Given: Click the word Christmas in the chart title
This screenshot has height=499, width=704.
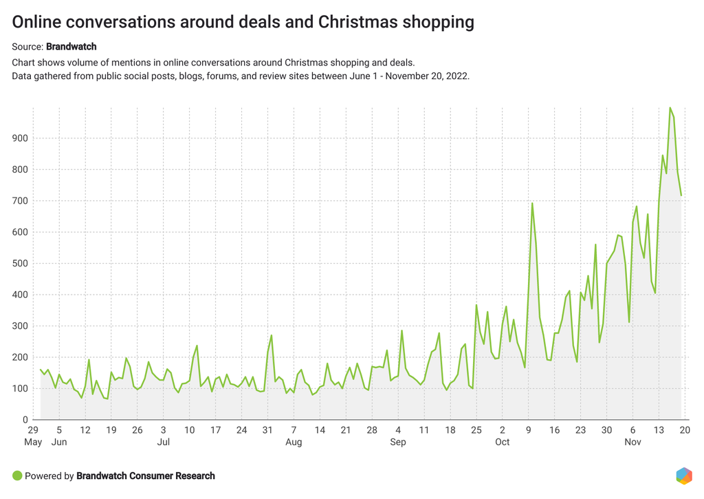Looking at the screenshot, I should (x=357, y=22).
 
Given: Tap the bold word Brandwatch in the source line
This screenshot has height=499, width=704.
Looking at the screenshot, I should (x=71, y=47).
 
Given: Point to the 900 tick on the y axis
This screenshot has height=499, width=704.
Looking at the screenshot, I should (x=19, y=138).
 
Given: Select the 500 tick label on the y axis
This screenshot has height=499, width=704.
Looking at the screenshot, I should (x=19, y=264).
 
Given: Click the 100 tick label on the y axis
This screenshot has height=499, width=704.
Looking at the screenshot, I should (x=19, y=389).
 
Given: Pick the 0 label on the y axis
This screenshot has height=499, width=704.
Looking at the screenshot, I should (x=25, y=420).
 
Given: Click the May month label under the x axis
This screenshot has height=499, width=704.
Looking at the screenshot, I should (x=33, y=442).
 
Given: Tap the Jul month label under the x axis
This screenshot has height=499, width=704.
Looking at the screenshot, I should (x=163, y=442).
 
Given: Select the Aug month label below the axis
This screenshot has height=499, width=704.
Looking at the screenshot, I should (x=294, y=442).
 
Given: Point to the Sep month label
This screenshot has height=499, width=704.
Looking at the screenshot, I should (x=398, y=442).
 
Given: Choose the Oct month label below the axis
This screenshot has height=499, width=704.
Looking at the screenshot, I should (x=503, y=442).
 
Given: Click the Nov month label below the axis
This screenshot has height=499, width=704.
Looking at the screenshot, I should (x=633, y=442).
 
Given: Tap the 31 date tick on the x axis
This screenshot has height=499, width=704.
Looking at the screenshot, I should (x=267, y=429).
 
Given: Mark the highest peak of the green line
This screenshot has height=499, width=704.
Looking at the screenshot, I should (x=670, y=107).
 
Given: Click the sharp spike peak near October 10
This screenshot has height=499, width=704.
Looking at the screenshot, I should (x=532, y=203).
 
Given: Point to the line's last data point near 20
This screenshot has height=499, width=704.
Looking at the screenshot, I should (x=681, y=195).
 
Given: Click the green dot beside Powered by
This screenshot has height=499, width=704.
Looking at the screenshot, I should (x=17, y=476).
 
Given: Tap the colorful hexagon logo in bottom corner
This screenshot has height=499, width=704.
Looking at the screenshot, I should (x=684, y=476).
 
